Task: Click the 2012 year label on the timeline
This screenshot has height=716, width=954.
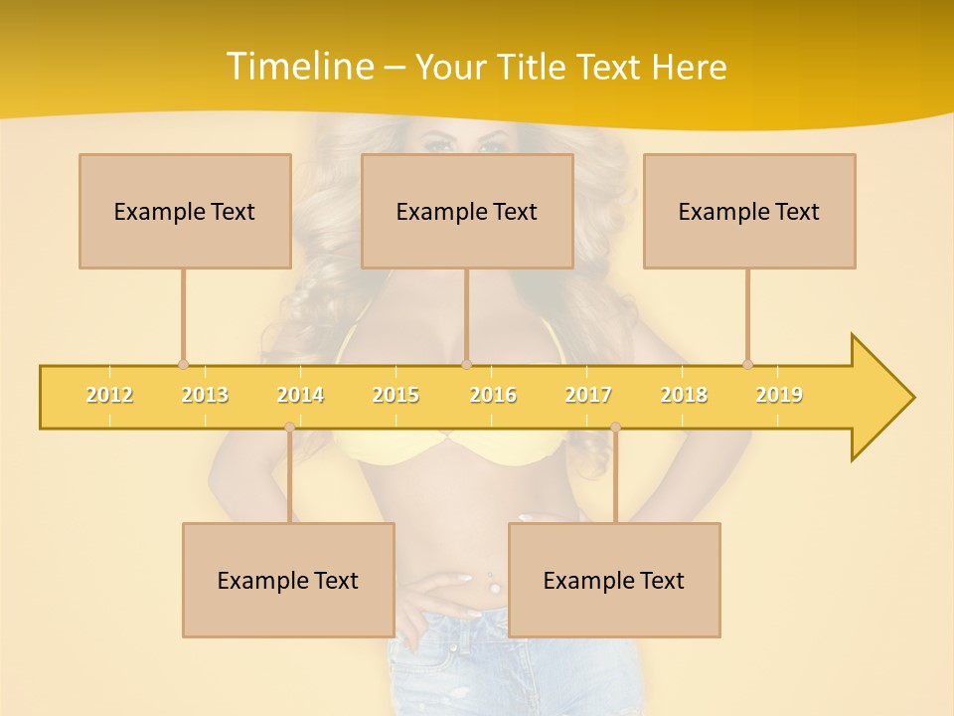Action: click(x=109, y=395)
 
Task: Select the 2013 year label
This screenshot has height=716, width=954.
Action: click(x=205, y=395)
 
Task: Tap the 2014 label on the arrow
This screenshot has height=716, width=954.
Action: click(x=300, y=395)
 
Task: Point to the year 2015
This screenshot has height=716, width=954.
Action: click(x=396, y=395)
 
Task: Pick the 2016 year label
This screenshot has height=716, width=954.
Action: click(x=493, y=395)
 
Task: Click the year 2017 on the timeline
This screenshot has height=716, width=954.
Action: click(x=588, y=395)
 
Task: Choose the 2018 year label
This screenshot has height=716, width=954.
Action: click(x=684, y=395)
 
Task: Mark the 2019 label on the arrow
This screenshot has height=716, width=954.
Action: click(x=779, y=395)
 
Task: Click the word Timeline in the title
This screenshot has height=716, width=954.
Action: click(x=298, y=67)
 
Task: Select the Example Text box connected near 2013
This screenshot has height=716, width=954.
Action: click(x=185, y=211)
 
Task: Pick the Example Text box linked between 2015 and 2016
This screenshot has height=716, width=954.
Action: click(x=467, y=211)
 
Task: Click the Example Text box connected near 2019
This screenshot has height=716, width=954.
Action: click(x=749, y=211)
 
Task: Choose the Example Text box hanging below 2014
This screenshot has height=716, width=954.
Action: click(x=288, y=580)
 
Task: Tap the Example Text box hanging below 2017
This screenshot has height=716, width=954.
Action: click(x=614, y=580)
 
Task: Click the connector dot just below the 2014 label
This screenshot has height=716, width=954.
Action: click(x=289, y=428)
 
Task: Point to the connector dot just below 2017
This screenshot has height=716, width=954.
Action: click(x=615, y=428)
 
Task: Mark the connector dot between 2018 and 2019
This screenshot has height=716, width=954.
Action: click(x=747, y=364)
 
